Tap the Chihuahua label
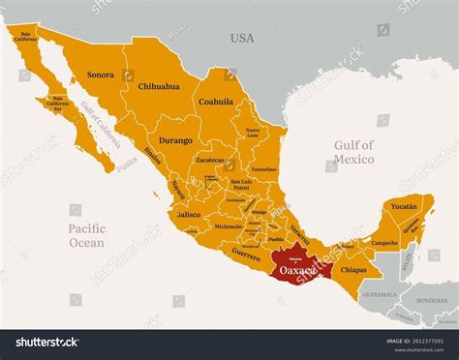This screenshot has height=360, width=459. coord(159,86)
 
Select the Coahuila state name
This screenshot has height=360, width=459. coord(215,100)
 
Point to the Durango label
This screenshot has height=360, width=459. coord(175,139)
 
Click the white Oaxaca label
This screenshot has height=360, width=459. coord(297,270)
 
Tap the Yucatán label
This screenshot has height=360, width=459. coord(403,206)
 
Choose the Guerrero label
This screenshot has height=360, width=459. coord(246,254)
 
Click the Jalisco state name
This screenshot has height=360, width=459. coord(189,214)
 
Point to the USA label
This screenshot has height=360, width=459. coord(241,38)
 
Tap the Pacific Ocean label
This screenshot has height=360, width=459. coord(86,235)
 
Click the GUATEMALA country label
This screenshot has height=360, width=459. coord(378,293)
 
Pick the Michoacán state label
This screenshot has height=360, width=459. coord(229,225)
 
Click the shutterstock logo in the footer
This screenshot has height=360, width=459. coord(42,341)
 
